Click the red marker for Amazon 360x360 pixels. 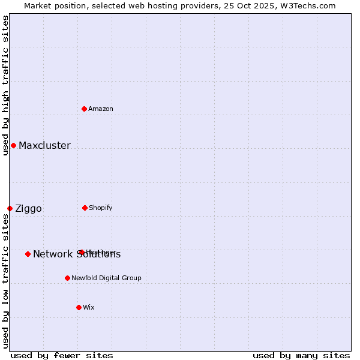click(x=85, y=109)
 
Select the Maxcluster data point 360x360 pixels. click(x=13, y=145)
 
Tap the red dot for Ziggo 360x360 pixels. click(x=10, y=208)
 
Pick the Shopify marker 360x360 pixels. click(x=85, y=208)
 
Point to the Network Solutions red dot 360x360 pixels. click(x=28, y=254)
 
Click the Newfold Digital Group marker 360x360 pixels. click(x=67, y=278)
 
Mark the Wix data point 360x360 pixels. click(x=79, y=307)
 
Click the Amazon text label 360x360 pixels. click(x=101, y=109)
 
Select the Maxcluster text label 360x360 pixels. click(x=44, y=145)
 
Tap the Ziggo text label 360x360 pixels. click(x=28, y=208)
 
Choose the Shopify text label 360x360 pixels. click(x=100, y=208)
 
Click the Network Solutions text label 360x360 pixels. click(x=77, y=254)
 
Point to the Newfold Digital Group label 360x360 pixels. click(x=106, y=278)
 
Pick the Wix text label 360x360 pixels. click(x=89, y=307)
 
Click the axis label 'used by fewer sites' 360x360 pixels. click(x=62, y=355)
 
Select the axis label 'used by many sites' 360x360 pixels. click(x=301, y=355)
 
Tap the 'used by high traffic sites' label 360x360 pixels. click(x=5, y=85)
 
